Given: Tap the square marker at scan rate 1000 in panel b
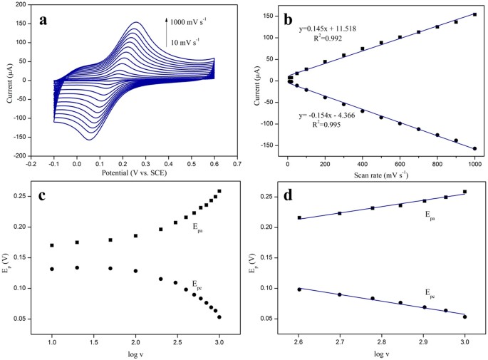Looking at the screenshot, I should (x=474, y=14).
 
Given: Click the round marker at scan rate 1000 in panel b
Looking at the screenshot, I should (x=474, y=148).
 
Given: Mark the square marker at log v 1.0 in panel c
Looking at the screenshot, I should (x=52, y=245).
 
